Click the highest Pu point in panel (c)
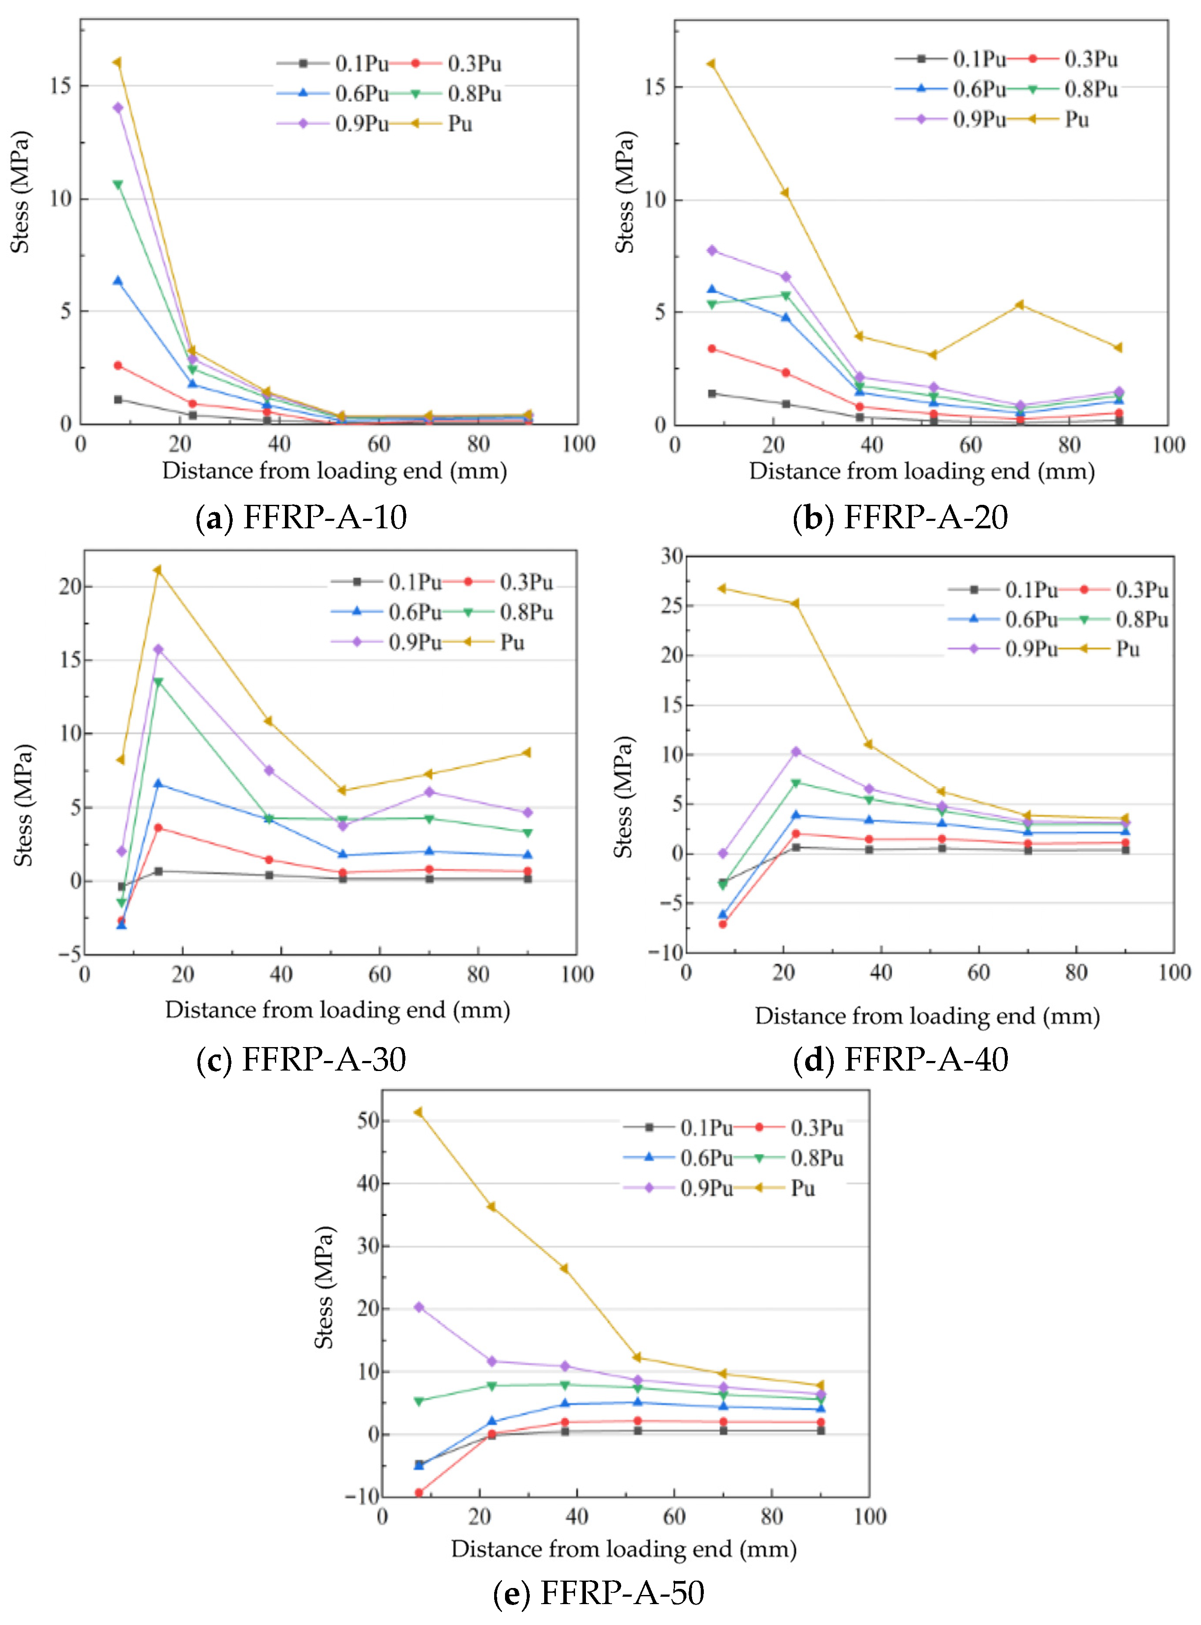(x=157, y=570)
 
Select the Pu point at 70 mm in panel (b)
(x=1020, y=305)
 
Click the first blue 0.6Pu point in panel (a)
(x=118, y=281)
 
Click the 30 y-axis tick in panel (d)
(x=671, y=556)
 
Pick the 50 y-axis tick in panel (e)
(x=368, y=1120)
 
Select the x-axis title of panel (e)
(x=624, y=1548)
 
